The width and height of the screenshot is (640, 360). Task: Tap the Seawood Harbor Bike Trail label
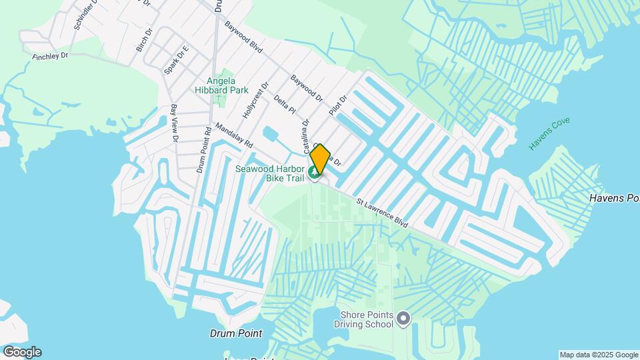[269, 173]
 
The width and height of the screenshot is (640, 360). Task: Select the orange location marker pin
[320, 158]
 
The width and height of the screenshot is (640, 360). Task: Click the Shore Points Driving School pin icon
[403, 319]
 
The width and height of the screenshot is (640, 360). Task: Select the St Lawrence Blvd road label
[381, 213]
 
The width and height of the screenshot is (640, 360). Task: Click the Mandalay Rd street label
[234, 135]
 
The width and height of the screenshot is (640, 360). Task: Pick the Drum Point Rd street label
[203, 151]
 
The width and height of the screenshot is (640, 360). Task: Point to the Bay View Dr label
[174, 123]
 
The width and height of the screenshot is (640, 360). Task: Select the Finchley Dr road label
[51, 56]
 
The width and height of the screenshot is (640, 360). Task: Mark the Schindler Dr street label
[86, 15]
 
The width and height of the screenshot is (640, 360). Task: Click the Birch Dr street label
[143, 41]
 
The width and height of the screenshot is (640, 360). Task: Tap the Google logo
[22, 352]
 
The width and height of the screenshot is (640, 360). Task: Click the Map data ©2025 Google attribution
[599, 355]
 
